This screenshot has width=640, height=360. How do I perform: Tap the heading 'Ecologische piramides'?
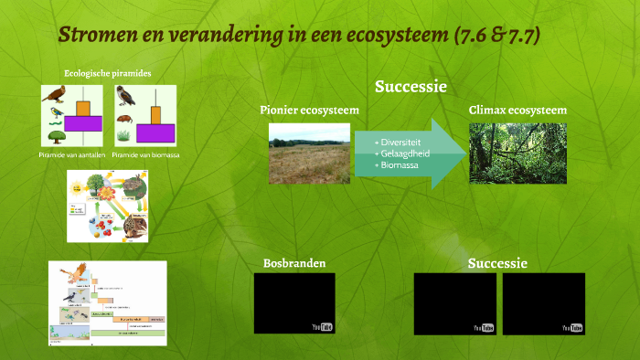(107, 73)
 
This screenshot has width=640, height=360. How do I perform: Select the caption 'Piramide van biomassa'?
(145, 155)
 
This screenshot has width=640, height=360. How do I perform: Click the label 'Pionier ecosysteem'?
(309, 111)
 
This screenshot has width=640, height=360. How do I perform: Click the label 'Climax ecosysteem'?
(517, 110)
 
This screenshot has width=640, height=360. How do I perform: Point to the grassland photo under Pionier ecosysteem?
(309, 154)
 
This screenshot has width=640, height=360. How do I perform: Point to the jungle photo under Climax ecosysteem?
(517, 154)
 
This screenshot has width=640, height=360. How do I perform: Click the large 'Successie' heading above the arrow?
(410, 87)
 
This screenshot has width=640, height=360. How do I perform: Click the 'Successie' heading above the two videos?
(497, 263)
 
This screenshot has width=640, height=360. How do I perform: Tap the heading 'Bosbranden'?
(294, 264)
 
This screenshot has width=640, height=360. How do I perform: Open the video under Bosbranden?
(294, 302)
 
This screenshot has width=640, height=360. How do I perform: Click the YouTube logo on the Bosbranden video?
(321, 326)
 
